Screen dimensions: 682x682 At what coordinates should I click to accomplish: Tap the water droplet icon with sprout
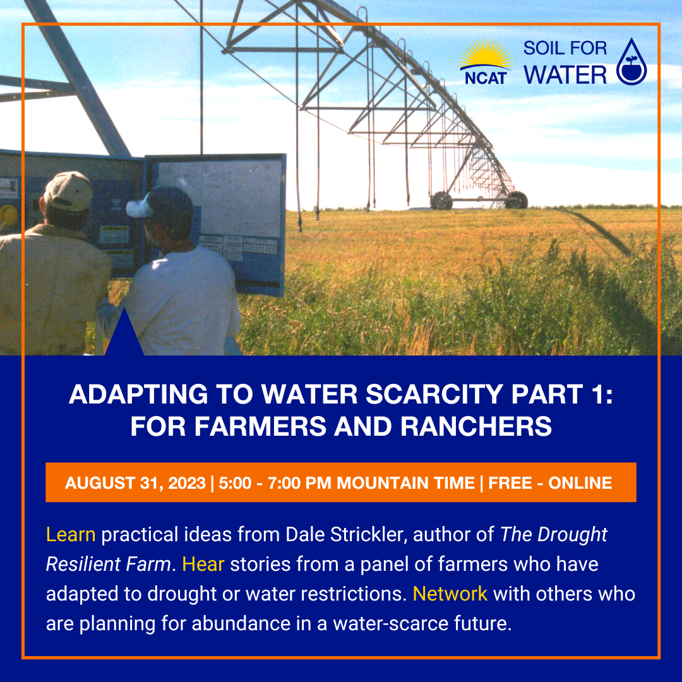point(631,61)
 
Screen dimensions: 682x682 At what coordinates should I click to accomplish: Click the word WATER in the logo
point(565,75)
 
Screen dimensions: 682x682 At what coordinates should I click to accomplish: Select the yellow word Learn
point(71,535)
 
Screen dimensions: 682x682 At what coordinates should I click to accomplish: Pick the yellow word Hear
point(203,564)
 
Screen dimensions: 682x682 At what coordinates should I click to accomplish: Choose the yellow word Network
point(450,594)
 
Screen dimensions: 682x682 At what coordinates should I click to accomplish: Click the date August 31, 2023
point(135,483)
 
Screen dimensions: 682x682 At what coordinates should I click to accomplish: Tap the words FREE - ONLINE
point(550,483)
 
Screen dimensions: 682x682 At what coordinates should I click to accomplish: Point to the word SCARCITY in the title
point(434,394)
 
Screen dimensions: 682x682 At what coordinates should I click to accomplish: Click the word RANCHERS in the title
point(476,426)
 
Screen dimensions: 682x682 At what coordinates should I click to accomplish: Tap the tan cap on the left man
point(68,191)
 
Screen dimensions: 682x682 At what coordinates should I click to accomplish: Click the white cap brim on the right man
point(138,208)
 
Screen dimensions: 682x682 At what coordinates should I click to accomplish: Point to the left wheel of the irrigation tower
point(441,201)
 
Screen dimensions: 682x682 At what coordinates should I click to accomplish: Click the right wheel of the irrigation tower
point(517,200)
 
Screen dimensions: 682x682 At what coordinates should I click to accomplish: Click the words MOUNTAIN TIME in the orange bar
point(405,483)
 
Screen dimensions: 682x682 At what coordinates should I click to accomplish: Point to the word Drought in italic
point(572,535)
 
